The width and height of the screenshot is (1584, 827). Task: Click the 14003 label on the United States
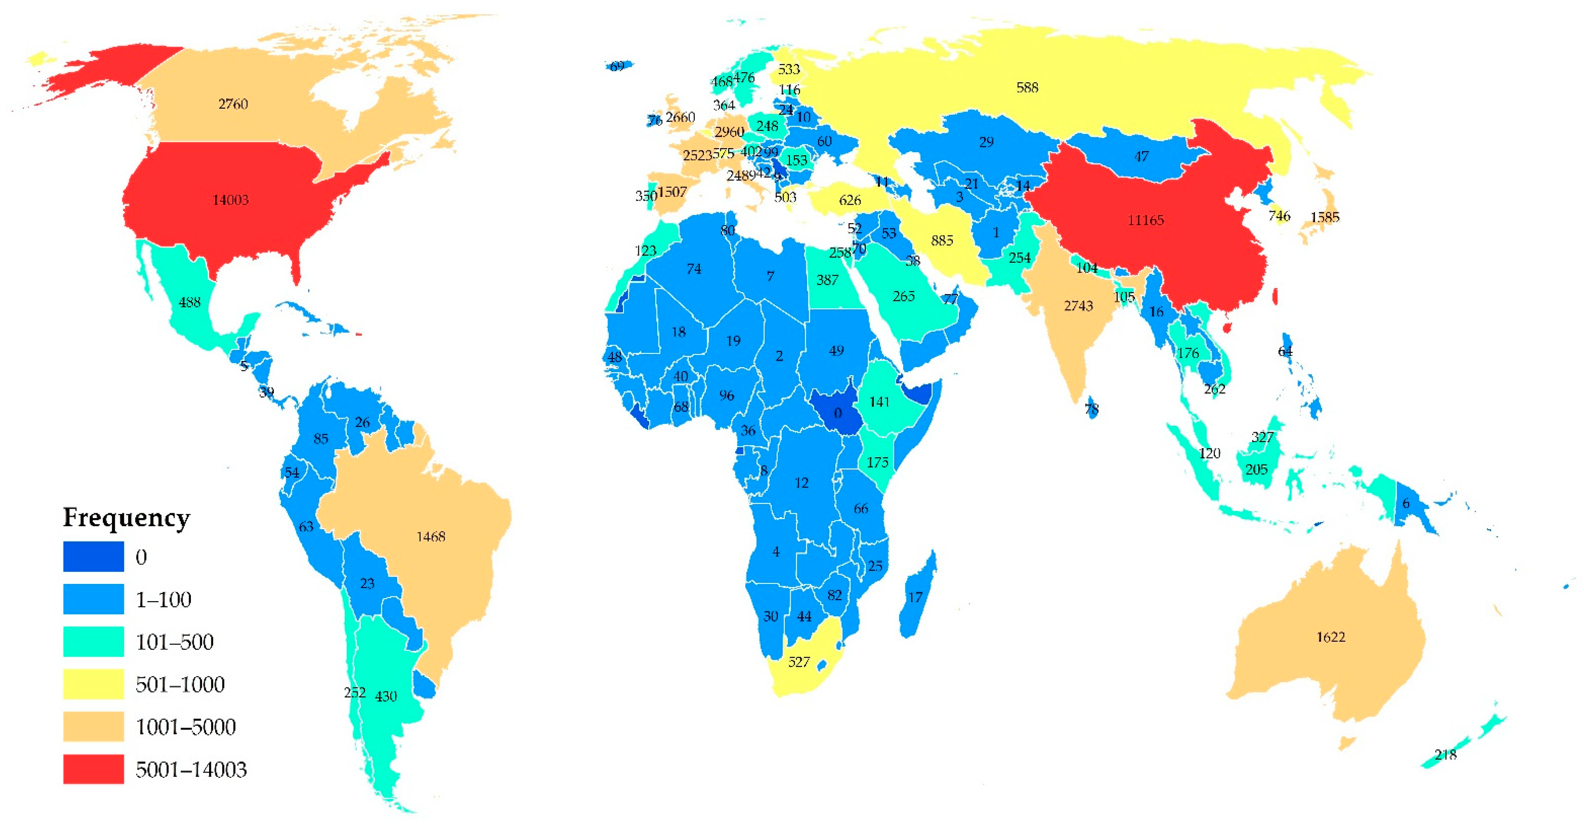231,200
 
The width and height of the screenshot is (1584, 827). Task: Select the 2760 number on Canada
233,104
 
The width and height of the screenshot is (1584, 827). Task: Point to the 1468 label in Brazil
431,537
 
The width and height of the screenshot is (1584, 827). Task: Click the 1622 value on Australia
1331,637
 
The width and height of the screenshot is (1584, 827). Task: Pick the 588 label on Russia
1027,88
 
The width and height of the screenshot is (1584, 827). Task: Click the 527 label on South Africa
799,662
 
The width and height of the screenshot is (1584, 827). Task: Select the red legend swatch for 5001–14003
93,769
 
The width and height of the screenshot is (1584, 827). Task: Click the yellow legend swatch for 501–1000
93,684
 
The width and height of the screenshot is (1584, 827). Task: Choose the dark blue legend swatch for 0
93,556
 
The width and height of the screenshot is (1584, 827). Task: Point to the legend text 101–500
175,642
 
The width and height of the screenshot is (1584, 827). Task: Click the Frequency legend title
127,518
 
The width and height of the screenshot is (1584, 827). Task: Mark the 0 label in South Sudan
838,413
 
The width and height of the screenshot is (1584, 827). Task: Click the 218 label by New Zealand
1445,755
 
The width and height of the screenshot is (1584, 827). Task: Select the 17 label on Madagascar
915,597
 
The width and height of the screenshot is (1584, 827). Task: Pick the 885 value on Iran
942,240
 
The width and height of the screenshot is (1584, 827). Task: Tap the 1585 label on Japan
1325,217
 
